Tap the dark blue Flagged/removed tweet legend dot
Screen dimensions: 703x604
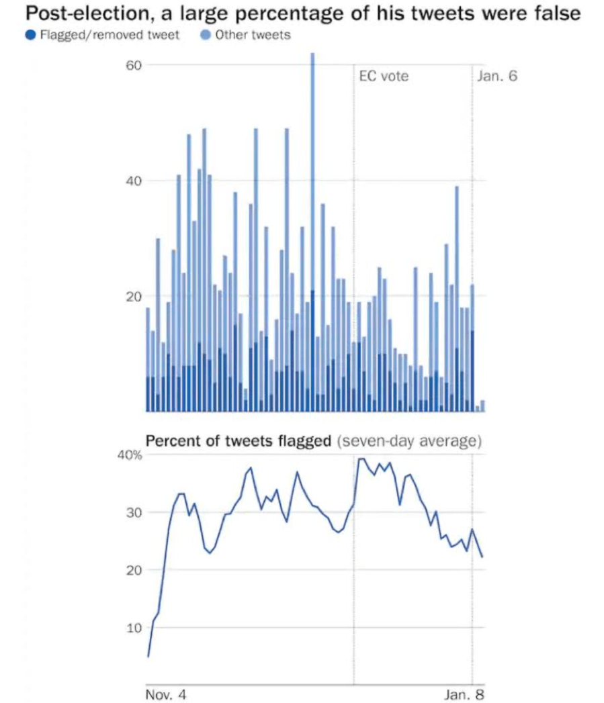click(30, 35)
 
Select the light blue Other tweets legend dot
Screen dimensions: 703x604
click(206, 35)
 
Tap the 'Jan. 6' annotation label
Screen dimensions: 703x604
click(497, 77)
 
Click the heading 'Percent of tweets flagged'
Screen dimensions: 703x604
click(238, 441)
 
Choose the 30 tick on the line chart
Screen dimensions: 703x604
click(133, 513)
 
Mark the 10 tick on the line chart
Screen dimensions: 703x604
click(133, 628)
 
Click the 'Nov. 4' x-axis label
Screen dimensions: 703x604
click(166, 693)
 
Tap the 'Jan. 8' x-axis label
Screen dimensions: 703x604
click(464, 693)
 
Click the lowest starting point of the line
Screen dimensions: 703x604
click(148, 656)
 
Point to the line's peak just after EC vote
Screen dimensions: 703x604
click(361, 459)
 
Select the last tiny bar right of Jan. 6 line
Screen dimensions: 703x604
click(482, 406)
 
